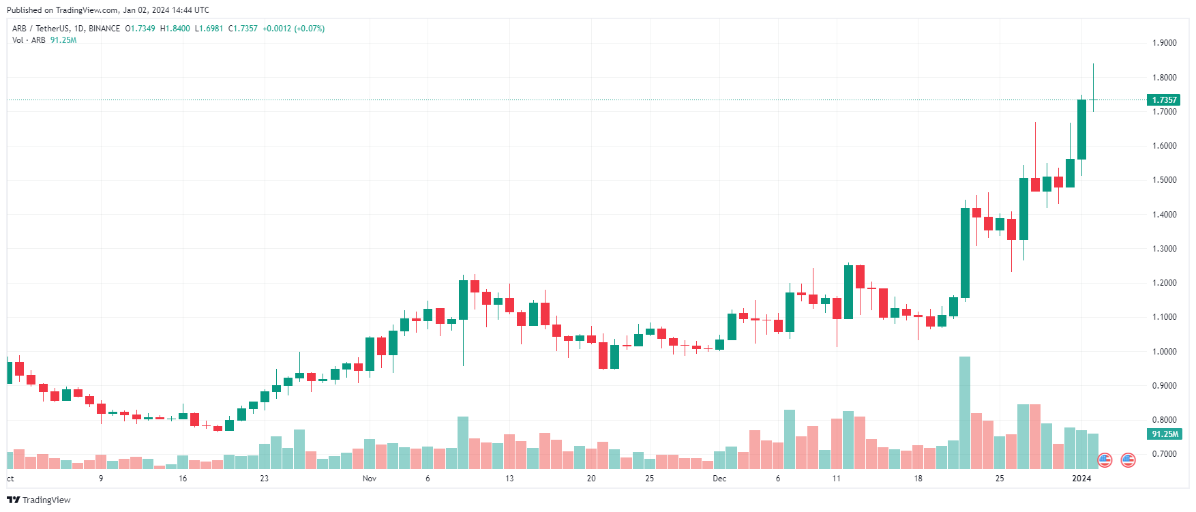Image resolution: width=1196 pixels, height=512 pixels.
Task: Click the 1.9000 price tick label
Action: (1164, 43)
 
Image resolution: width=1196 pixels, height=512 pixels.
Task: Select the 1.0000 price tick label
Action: (1164, 352)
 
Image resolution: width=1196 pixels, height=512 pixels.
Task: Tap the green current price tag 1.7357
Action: (1165, 100)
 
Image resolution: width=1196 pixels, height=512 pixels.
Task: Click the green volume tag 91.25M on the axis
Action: (1165, 434)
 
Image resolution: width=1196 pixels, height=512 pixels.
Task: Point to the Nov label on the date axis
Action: (369, 479)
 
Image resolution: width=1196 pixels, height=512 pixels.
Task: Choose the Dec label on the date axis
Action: (719, 479)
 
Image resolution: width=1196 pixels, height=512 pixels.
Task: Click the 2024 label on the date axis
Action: (1081, 479)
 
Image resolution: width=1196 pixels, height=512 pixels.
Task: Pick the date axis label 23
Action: (264, 479)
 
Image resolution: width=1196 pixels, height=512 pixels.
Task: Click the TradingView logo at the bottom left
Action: (39, 500)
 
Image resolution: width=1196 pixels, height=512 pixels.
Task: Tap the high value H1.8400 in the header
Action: (175, 29)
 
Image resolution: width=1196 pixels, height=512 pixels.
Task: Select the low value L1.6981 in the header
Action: (209, 29)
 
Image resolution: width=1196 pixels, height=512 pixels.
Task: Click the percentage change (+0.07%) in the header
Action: (309, 29)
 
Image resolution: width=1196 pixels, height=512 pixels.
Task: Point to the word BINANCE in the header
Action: (104, 29)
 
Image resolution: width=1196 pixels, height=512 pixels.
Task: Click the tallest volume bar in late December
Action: (965, 412)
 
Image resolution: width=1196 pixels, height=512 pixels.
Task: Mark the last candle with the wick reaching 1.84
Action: (1093, 100)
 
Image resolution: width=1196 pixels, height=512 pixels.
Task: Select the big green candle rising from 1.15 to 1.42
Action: (965, 253)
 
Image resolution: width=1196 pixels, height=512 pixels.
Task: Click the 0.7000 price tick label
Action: (1164, 454)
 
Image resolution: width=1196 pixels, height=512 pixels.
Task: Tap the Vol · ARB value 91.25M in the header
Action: (63, 40)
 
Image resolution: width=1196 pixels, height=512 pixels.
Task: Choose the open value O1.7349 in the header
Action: (140, 29)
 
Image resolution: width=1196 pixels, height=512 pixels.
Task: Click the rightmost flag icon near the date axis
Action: (1128, 460)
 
